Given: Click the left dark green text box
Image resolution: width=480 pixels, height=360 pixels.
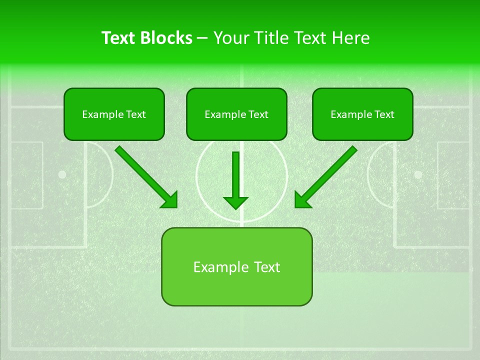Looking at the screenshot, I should click(114, 114).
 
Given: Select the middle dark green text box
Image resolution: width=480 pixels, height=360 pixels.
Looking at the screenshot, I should click(236, 114).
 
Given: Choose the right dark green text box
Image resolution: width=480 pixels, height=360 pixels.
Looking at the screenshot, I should click(362, 114).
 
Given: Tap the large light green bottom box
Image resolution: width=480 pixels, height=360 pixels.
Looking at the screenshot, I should click(236, 266).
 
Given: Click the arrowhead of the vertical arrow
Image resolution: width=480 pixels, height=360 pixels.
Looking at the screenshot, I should click(236, 202).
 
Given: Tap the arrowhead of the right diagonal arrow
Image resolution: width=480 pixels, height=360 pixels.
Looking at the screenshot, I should click(302, 200).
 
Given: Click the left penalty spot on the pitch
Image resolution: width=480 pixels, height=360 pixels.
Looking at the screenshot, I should click(62, 174).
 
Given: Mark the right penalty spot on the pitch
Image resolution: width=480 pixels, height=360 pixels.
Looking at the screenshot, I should click(418, 174).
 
